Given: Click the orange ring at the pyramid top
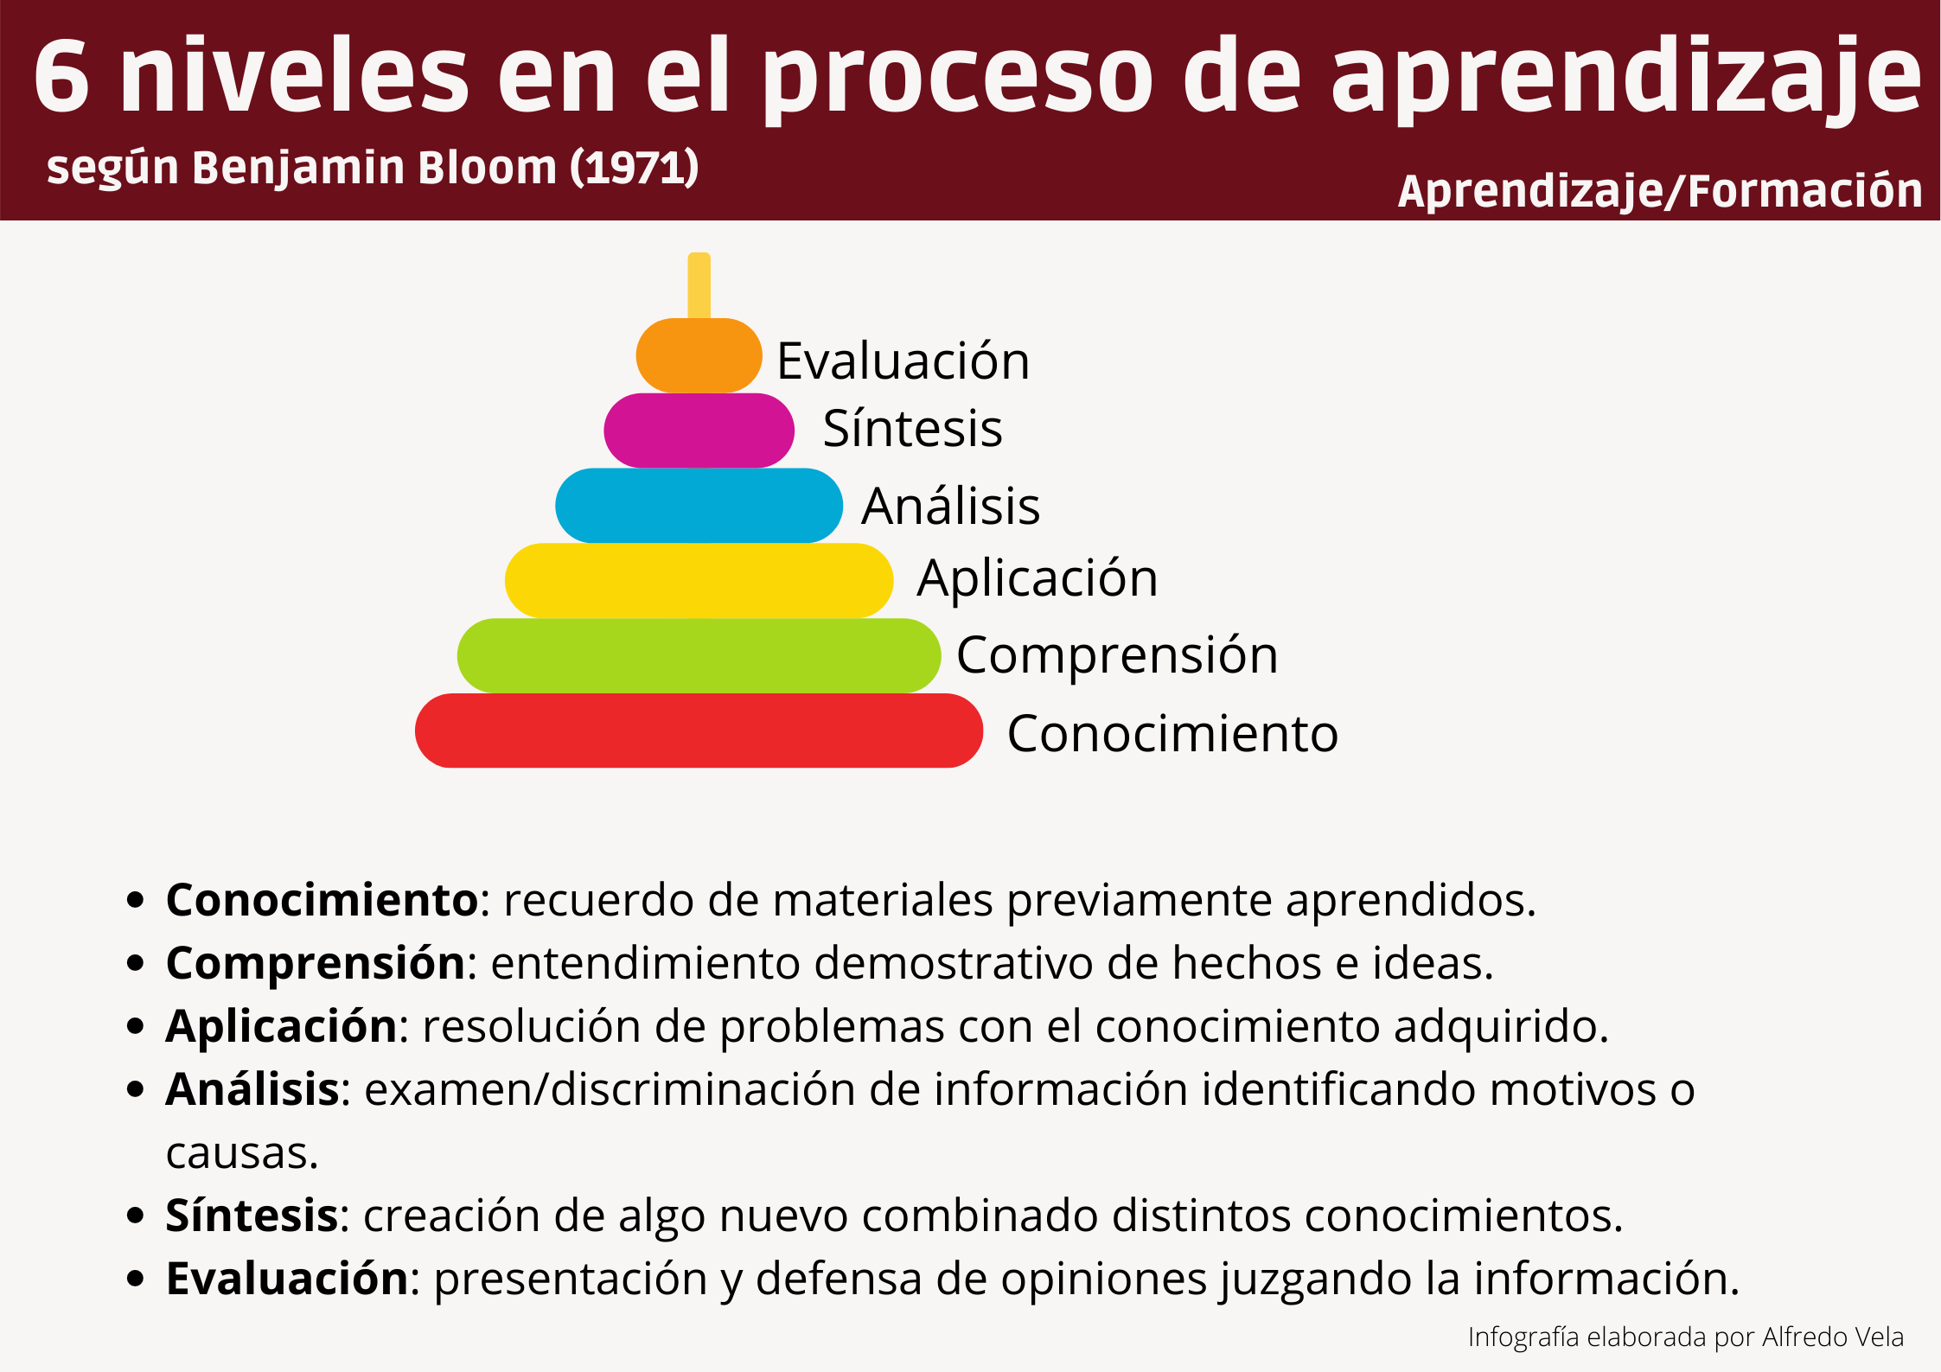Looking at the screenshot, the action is click(x=699, y=355).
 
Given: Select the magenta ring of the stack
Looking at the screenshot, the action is click(x=699, y=431).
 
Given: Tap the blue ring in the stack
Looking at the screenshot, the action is click(x=699, y=506).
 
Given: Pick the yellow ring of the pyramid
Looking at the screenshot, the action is click(x=699, y=581).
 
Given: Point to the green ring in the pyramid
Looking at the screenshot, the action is click(x=699, y=655).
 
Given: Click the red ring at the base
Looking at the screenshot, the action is click(x=699, y=731).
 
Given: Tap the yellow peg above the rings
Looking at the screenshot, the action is click(x=699, y=285).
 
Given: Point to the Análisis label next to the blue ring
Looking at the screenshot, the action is click(x=950, y=505).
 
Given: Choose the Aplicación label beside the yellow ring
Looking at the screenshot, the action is click(x=1037, y=578).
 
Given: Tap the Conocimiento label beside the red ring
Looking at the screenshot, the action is click(x=1172, y=733).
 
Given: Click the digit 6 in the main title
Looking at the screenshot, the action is click(x=61, y=75).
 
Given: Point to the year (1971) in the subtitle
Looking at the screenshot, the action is click(x=634, y=167).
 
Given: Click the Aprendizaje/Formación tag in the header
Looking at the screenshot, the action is click(x=1660, y=191).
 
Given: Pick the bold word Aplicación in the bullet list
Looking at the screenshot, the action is click(x=281, y=1027).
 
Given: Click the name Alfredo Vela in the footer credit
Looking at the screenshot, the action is click(x=1832, y=1337).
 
